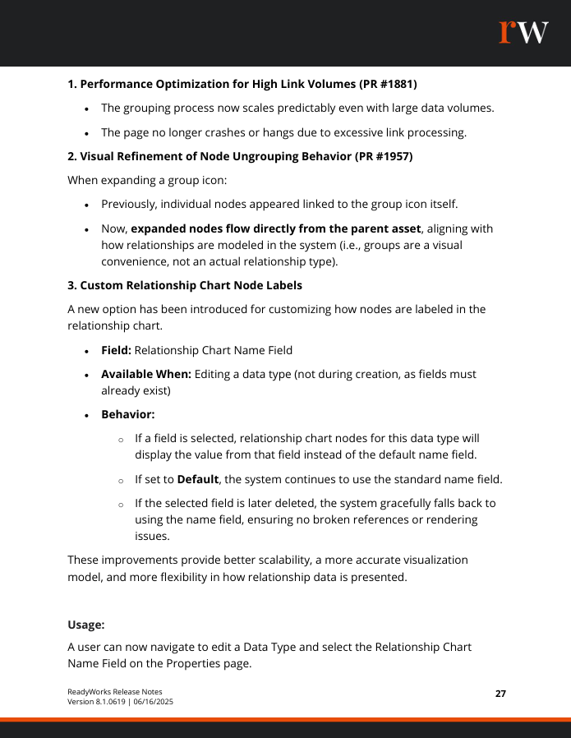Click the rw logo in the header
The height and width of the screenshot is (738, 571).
523,32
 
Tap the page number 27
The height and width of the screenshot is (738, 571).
500,694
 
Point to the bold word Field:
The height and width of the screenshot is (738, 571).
116,350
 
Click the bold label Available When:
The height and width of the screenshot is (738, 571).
146,374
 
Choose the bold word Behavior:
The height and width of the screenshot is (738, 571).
128,415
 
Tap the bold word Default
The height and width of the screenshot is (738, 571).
198,479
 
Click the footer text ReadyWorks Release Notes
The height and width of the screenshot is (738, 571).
115,691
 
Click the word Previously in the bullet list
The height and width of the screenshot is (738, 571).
132,205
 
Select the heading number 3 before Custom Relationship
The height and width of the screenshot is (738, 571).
71,285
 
